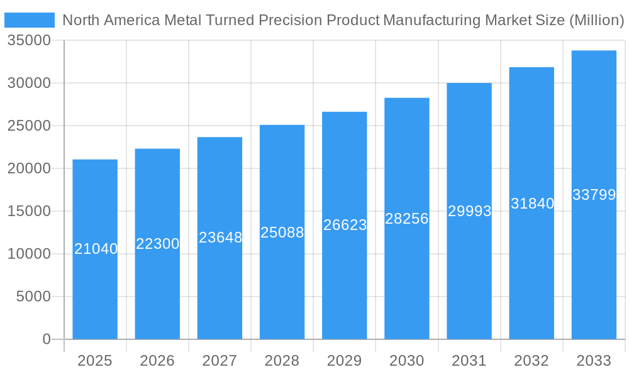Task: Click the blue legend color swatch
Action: coord(30,20)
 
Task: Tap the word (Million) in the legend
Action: coord(596,20)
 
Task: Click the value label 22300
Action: coord(157,244)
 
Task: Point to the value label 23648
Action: coord(220,238)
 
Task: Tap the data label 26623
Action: coord(345,225)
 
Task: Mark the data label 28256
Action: coord(406,219)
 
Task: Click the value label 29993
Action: coord(469,211)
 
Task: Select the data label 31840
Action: coord(532,204)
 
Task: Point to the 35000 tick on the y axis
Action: coord(29,41)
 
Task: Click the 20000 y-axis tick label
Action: coord(29,168)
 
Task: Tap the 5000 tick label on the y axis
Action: coord(33,297)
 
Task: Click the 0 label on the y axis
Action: coord(47,339)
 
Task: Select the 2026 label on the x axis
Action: coord(157,361)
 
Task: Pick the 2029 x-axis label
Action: coord(345,361)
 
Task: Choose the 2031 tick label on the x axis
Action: coord(469,361)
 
